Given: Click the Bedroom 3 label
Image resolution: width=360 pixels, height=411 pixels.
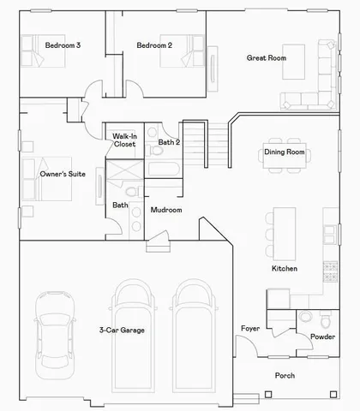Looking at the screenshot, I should click(63, 45).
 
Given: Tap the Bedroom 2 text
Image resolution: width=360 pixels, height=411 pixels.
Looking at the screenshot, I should click(154, 45).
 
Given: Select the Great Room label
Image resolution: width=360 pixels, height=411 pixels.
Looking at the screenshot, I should click(266, 58).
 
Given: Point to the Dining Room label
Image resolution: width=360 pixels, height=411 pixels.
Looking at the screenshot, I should click(284, 152).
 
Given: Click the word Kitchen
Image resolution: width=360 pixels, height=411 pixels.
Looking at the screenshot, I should click(285, 269).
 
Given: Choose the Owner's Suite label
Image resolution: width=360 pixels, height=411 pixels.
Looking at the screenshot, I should click(62, 174).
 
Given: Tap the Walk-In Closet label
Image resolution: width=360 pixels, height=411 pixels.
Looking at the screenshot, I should click(124, 140).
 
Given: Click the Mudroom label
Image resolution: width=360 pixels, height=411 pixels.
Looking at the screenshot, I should click(165, 210).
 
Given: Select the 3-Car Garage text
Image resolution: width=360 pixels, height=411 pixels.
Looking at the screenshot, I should click(121, 330).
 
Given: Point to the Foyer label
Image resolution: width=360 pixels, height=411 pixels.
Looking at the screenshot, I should click(250, 329).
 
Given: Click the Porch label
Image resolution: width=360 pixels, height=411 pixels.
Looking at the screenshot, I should click(285, 376).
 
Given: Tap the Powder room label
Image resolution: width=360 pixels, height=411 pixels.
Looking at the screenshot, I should click(321, 337).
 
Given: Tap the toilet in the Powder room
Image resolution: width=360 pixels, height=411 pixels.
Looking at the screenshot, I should click(305, 319).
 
